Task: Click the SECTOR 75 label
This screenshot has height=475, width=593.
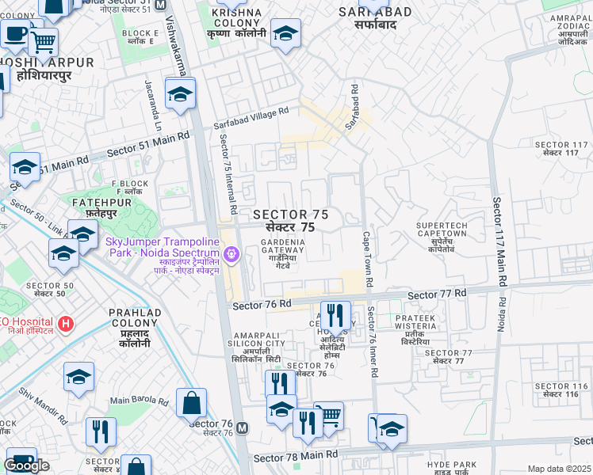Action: click(289, 221)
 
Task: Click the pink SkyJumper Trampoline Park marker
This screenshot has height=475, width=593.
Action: click(231, 254)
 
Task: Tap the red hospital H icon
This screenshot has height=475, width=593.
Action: click(67, 324)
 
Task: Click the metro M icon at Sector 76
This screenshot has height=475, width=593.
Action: click(243, 428)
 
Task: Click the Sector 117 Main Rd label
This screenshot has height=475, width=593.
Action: click(499, 241)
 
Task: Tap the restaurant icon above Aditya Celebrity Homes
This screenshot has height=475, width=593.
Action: click(335, 316)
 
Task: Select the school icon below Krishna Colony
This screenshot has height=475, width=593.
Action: click(285, 33)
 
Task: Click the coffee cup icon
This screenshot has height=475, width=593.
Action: click(15, 34)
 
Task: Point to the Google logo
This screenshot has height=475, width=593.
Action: click(26, 465)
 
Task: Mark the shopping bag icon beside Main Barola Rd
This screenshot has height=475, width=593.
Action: click(191, 403)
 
